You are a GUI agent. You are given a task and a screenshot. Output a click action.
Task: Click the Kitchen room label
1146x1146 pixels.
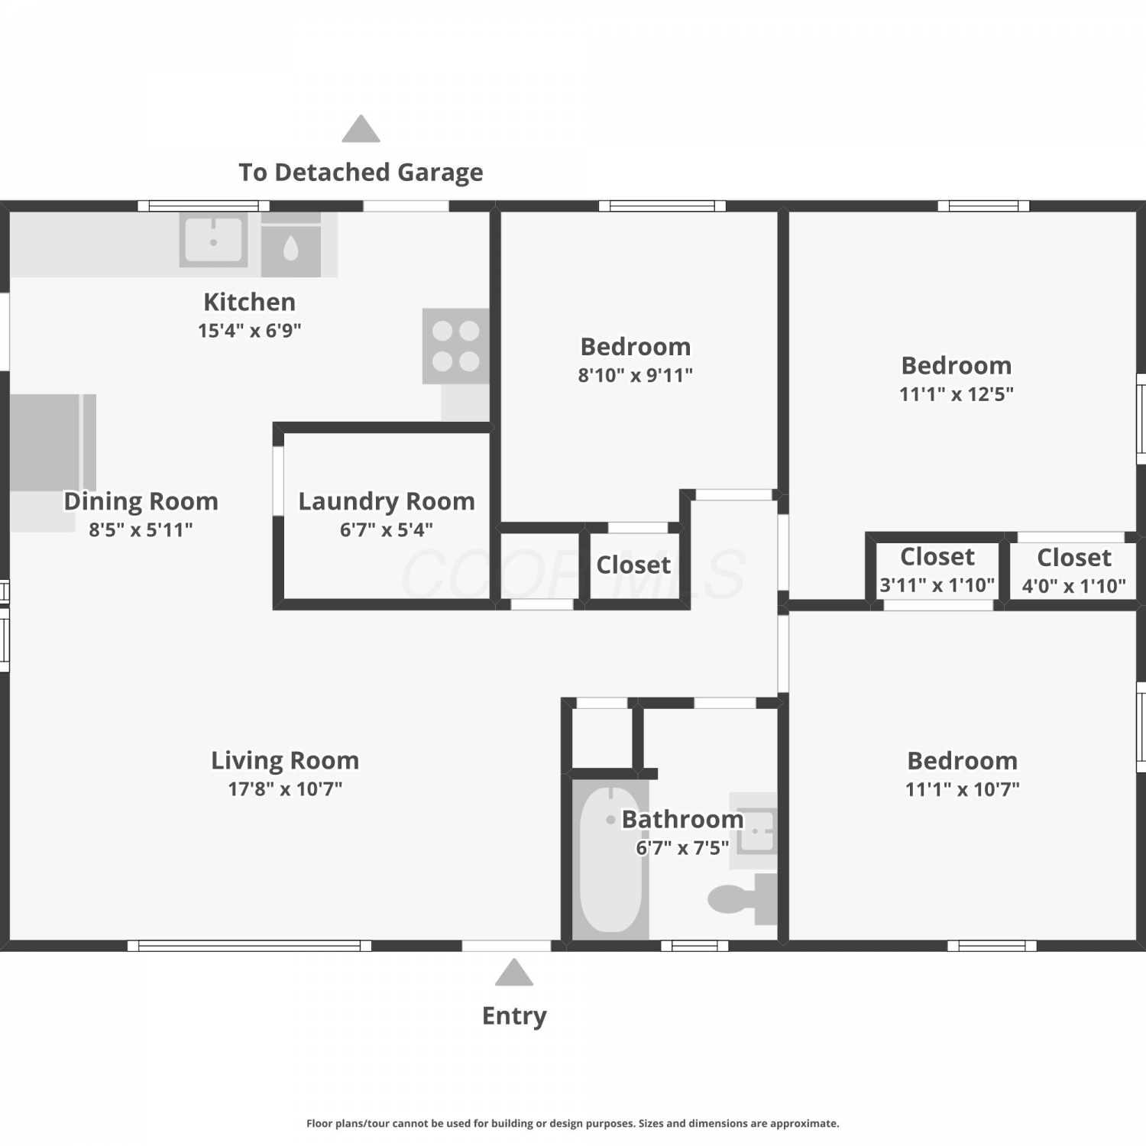(x=249, y=302)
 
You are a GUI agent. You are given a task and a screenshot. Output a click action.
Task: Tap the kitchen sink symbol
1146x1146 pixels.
(x=214, y=240)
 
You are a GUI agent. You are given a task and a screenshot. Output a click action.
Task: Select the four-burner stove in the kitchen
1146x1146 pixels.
(x=456, y=345)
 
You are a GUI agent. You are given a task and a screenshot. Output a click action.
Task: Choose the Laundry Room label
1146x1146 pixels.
(x=387, y=501)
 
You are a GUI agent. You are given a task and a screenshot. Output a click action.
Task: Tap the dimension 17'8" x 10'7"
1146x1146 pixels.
(x=285, y=788)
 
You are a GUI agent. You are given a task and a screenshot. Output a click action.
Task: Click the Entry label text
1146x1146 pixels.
(x=514, y=1016)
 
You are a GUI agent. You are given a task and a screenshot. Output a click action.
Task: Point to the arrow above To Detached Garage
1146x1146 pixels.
(x=361, y=128)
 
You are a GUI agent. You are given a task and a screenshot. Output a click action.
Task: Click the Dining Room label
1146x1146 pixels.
(x=141, y=501)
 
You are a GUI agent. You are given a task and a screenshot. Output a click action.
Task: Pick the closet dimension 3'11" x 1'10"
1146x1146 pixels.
(x=937, y=585)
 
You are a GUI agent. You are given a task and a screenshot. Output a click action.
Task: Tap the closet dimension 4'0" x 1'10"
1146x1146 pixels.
(x=1074, y=586)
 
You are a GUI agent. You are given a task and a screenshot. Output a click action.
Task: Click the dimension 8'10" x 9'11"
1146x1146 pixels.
(x=636, y=375)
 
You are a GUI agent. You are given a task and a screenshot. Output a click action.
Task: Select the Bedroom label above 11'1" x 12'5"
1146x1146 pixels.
(x=957, y=365)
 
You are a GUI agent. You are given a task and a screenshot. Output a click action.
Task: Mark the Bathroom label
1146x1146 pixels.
(x=682, y=819)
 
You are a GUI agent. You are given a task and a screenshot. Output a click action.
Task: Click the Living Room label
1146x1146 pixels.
(x=285, y=761)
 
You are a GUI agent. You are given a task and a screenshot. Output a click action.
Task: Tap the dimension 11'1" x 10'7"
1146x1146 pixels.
(x=963, y=789)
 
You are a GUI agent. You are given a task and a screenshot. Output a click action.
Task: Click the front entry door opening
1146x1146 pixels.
(x=507, y=946)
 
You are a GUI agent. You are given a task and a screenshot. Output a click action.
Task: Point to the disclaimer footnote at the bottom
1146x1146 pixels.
(x=573, y=1123)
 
